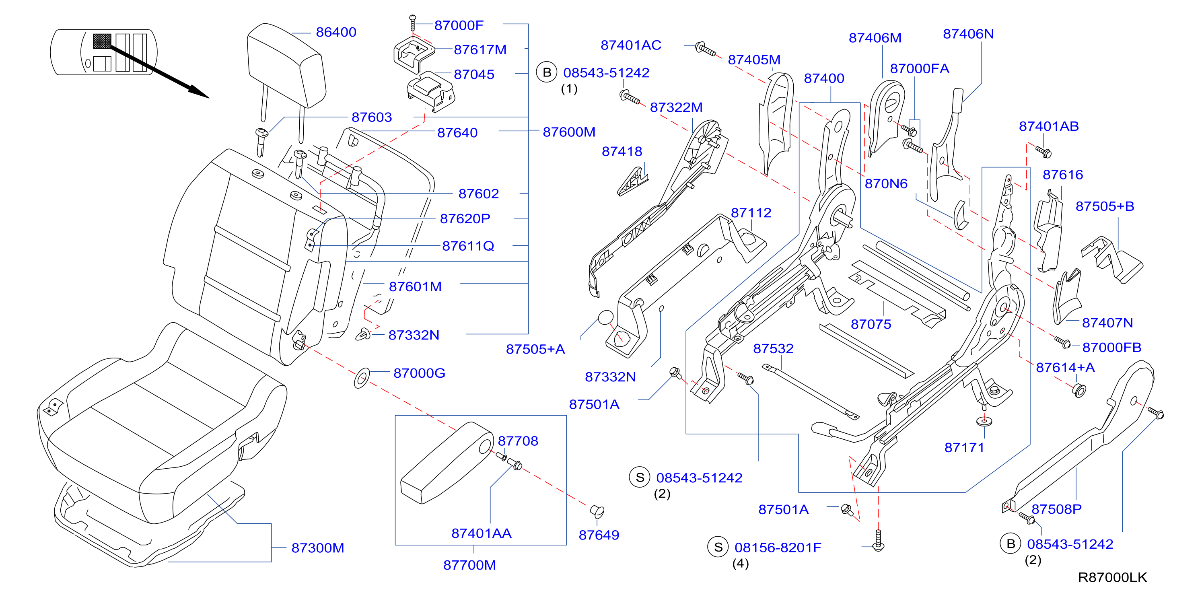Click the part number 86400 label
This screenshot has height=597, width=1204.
pos(336,32)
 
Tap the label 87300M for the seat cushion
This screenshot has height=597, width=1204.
pos(318,548)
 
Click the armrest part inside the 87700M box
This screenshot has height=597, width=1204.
pos(447,463)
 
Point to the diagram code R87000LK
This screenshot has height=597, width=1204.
pos(1112,577)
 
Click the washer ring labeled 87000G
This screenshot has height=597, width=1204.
pos(362,378)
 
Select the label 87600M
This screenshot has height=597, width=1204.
pos(569,132)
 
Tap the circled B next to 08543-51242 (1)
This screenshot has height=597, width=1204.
pos(546,72)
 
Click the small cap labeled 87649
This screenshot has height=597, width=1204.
pos(597,511)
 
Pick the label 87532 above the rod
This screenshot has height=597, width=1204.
pos(773,349)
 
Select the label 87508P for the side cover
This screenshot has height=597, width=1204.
pos(1056,509)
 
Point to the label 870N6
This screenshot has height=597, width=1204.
pos(886,184)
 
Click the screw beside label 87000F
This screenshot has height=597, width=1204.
pos(412,23)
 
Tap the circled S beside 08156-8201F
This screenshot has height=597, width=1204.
pos(718,548)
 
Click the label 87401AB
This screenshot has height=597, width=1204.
pos(1049,126)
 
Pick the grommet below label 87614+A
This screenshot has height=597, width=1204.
pos(1079,390)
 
